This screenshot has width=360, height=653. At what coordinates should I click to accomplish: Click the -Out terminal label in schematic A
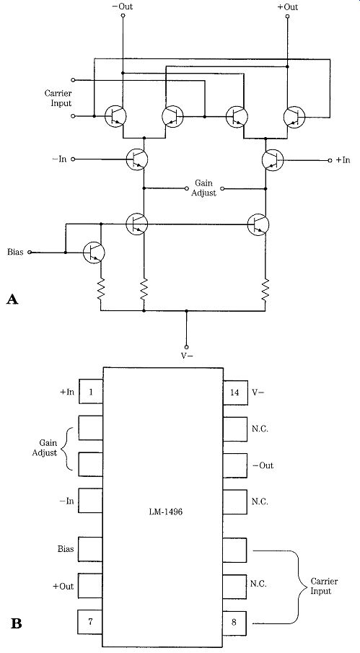pyautogui.click(x=123, y=7)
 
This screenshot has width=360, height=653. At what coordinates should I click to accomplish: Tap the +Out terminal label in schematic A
pyautogui.click(x=288, y=7)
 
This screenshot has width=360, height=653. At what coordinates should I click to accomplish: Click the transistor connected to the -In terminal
pyautogui.click(x=137, y=159)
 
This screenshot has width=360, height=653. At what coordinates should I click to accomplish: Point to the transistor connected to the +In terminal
pyautogui.click(x=273, y=159)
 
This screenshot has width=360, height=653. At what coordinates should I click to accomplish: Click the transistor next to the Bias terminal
pyautogui.click(x=94, y=253)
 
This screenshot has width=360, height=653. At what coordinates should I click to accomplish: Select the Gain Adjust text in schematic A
pyautogui.click(x=205, y=188)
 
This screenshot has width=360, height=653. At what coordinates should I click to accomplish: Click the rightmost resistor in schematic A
pyautogui.click(x=265, y=289)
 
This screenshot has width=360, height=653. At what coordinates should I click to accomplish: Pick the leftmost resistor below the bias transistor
pyautogui.click(x=101, y=289)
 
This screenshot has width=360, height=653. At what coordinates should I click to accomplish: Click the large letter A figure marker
pyautogui.click(x=12, y=299)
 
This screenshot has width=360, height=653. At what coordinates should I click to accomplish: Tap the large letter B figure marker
pyautogui.click(x=16, y=624)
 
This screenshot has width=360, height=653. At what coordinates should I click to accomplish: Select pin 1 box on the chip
pyautogui.click(x=90, y=392)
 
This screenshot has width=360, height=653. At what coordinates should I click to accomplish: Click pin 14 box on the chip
pyautogui.click(x=235, y=392)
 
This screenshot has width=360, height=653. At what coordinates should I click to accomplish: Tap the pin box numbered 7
pyautogui.click(x=90, y=623)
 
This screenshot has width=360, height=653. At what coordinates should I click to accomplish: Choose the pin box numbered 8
pyautogui.click(x=235, y=623)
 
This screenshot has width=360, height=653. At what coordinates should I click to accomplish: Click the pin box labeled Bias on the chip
pyautogui.click(x=90, y=549)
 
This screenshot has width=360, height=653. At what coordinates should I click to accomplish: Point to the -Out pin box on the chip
pyautogui.click(x=235, y=465)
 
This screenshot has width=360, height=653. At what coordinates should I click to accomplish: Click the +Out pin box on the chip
pyautogui.click(x=90, y=586)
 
